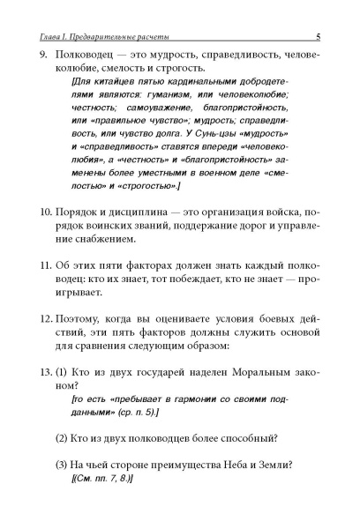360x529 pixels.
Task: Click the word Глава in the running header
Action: tap(42, 36)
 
